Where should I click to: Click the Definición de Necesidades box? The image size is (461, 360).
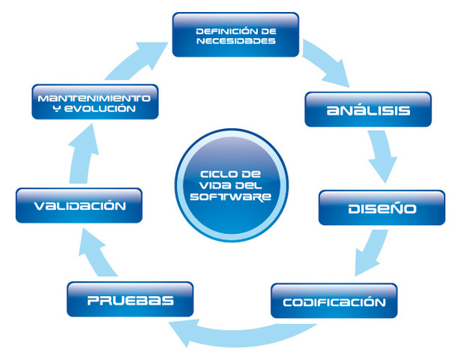(x=235, y=34)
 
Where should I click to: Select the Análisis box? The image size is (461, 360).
(x=368, y=110)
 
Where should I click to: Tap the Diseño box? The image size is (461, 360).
(x=382, y=208)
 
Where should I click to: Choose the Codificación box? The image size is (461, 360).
(x=334, y=302)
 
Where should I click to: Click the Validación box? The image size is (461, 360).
(x=79, y=205)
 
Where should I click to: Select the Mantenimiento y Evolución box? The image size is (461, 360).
(x=95, y=102)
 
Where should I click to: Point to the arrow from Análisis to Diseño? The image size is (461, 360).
(x=383, y=160)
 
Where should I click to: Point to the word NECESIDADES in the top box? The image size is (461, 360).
(x=235, y=41)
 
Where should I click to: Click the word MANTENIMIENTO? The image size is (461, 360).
(x=95, y=97)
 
